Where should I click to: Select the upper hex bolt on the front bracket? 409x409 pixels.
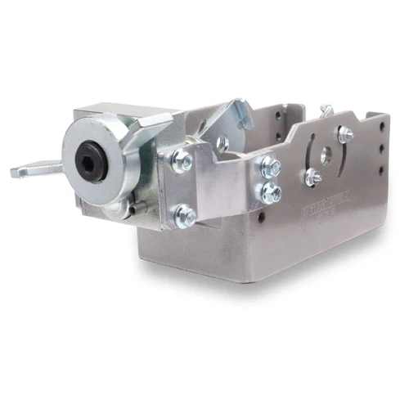point(182,160)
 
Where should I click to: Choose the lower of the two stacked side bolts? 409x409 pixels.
point(270,193)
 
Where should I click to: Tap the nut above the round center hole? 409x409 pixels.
point(344,133)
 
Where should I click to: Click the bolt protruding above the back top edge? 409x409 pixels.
point(326,109)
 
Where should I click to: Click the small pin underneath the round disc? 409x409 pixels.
point(135,208)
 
